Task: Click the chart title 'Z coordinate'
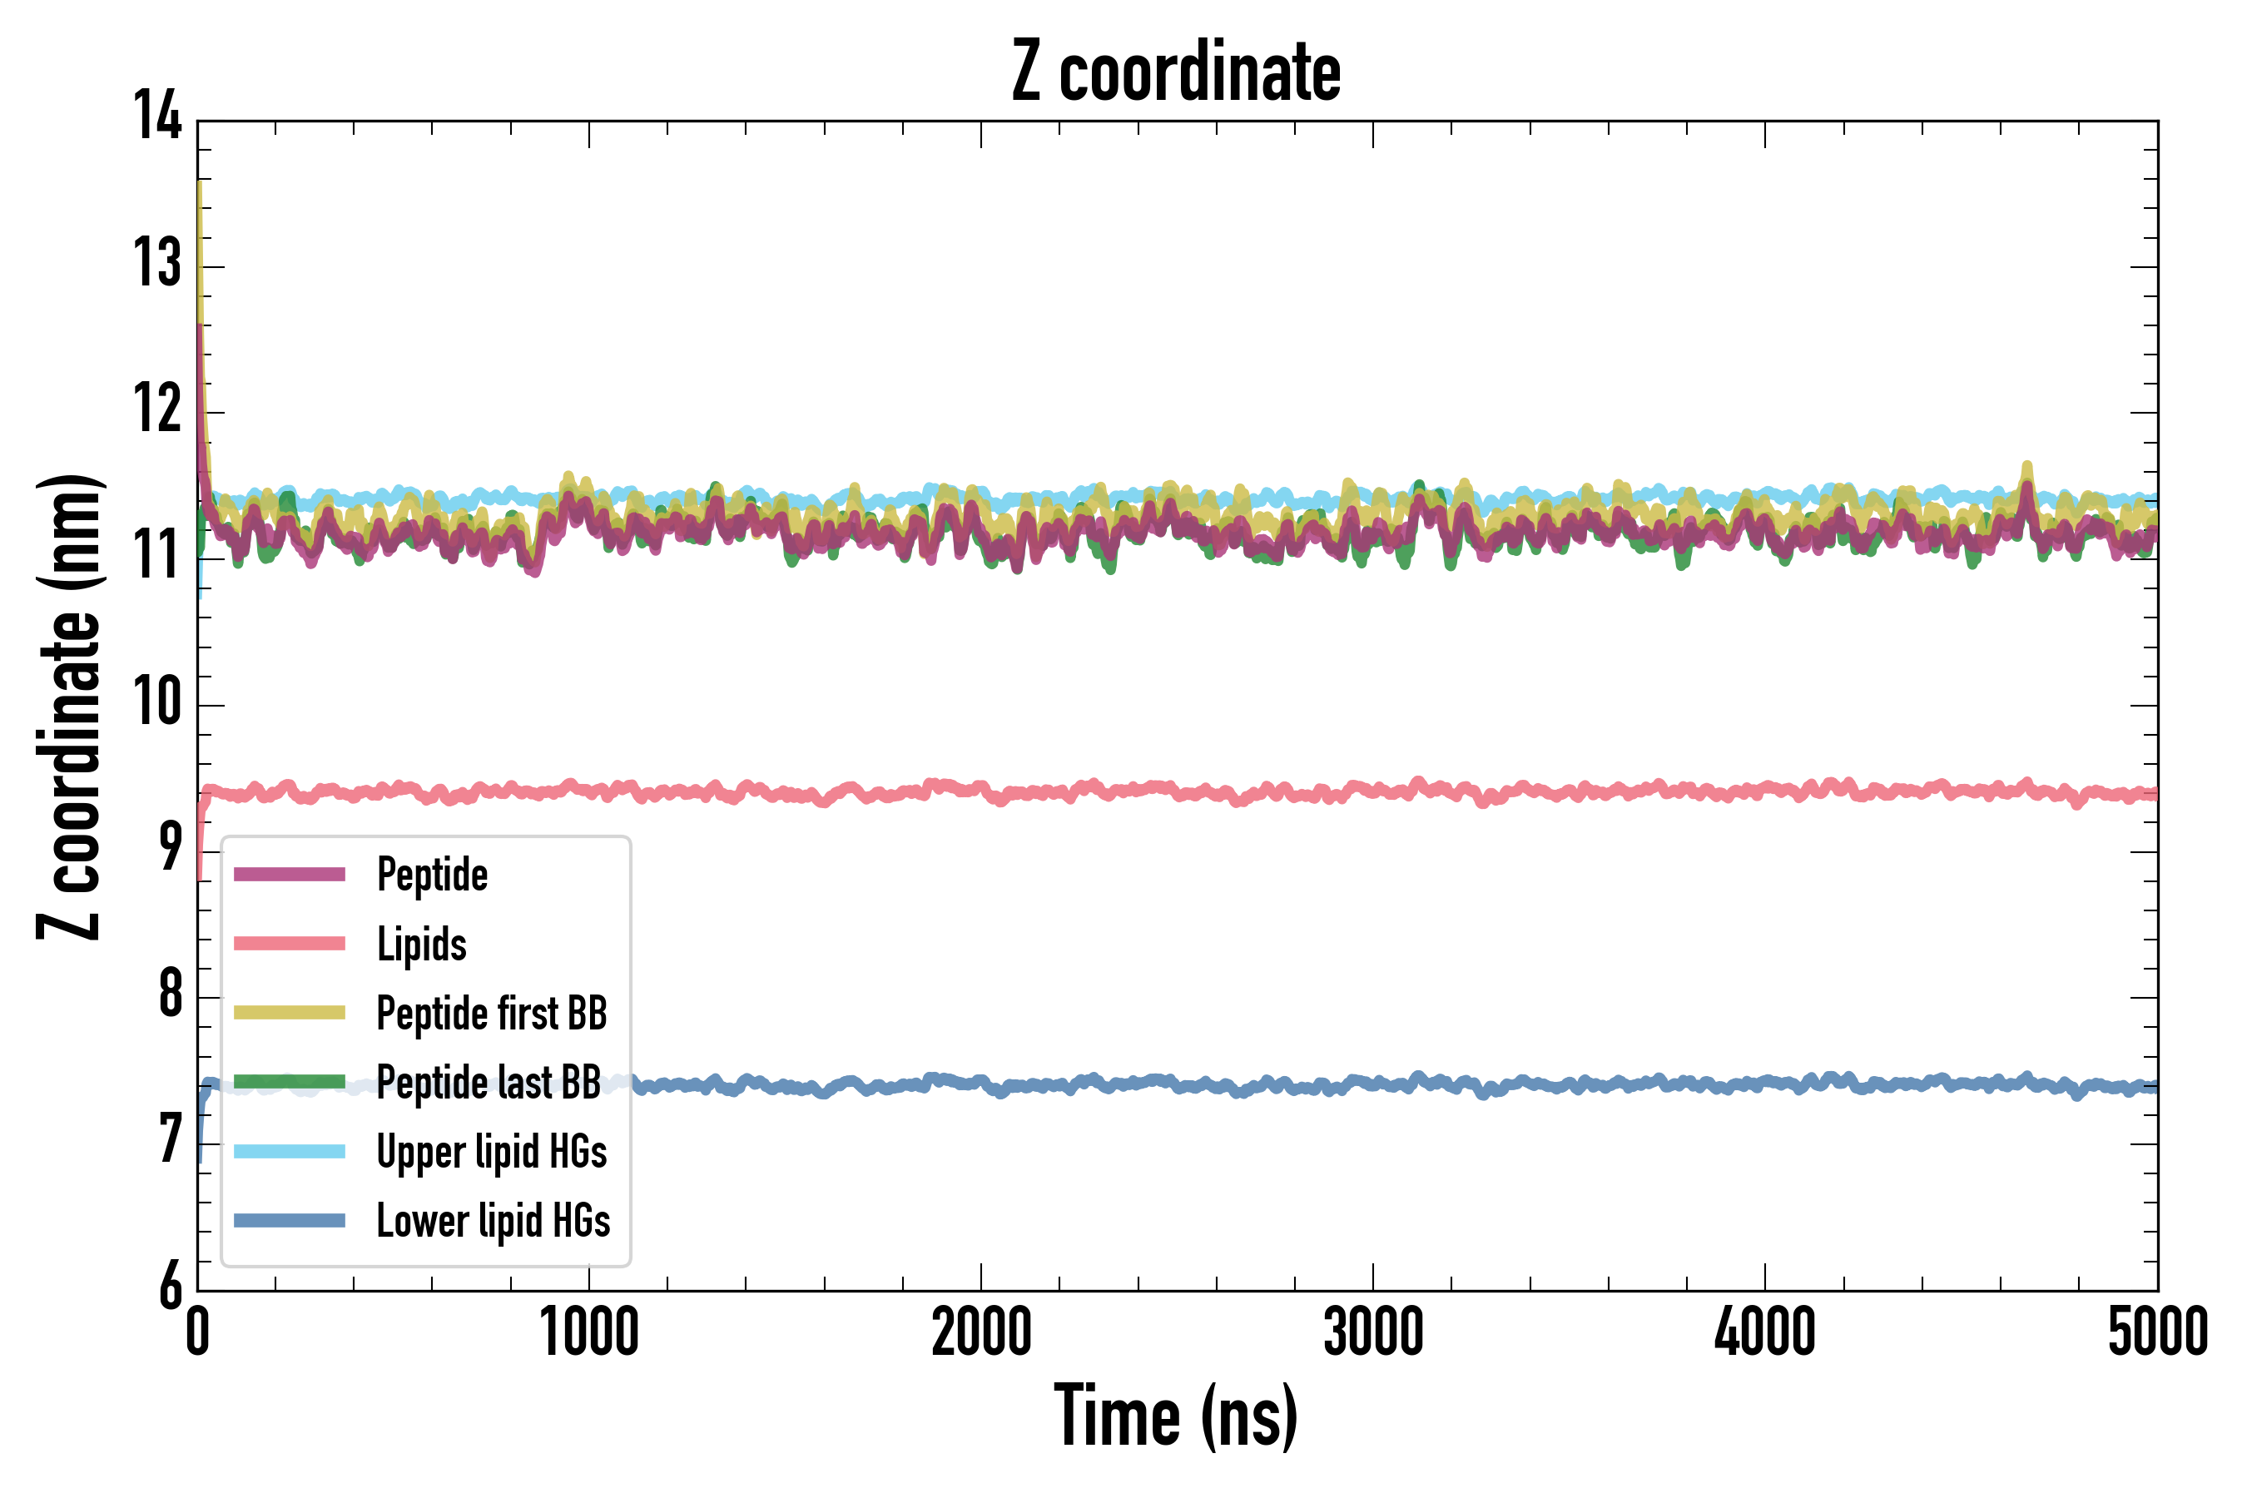pos(1176,72)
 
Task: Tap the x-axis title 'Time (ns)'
pos(1176,1416)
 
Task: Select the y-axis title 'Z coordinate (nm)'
pos(69,706)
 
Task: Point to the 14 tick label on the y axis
pos(156,117)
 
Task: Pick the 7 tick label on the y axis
pos(170,1140)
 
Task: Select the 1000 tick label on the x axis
pos(588,1332)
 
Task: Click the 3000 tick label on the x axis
pos(1373,1332)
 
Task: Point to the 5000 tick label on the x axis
pos(2157,1332)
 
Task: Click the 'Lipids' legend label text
pos(421,944)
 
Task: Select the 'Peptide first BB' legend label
pos(491,1014)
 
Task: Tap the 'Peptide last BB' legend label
pos(489,1083)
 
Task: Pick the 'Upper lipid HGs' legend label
pos(491,1151)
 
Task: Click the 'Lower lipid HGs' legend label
pos(493,1221)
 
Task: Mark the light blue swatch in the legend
pos(290,1151)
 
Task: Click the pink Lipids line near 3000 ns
pos(1373,790)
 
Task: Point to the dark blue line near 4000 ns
pos(1764,1084)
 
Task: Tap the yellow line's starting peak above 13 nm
pos(199,191)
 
